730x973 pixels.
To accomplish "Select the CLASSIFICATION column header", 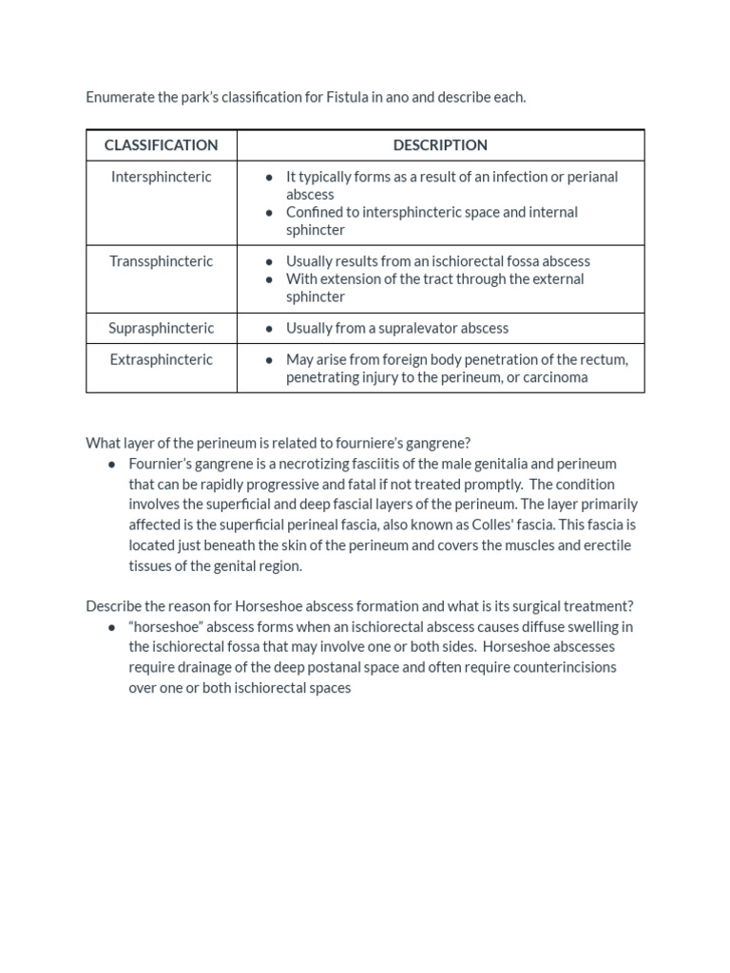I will point(161,145).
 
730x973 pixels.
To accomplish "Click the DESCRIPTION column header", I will point(440,145).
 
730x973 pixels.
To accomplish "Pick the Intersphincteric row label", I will point(161,177).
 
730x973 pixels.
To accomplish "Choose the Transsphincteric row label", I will point(161,261).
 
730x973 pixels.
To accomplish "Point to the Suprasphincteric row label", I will point(161,328).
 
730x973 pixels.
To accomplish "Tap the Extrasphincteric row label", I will point(161,359).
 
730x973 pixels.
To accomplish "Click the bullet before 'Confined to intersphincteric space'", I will point(270,213).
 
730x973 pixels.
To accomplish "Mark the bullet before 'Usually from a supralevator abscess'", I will point(270,329).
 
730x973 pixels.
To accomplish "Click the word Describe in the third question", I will point(114,606).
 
